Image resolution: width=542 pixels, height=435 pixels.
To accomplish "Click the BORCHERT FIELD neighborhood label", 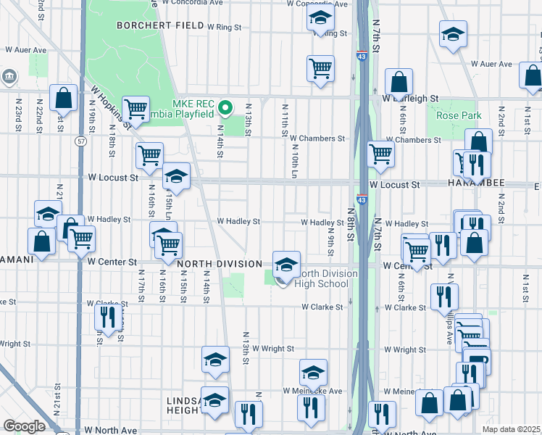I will click(x=159, y=25).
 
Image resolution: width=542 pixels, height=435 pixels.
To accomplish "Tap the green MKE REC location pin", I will click(x=225, y=109).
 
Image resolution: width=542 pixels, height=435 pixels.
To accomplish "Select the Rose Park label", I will click(x=454, y=115).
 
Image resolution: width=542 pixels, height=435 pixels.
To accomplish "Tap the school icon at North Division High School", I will click(x=286, y=262).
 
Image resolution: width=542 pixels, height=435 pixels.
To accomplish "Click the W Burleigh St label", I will click(x=411, y=98).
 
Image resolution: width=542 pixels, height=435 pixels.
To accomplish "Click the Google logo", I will click(x=24, y=426).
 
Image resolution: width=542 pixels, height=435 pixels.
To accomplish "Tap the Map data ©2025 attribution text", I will click(x=511, y=430).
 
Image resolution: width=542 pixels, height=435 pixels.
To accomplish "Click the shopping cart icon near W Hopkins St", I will click(x=135, y=109).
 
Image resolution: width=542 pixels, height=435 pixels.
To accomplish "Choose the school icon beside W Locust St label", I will click(x=175, y=176).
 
